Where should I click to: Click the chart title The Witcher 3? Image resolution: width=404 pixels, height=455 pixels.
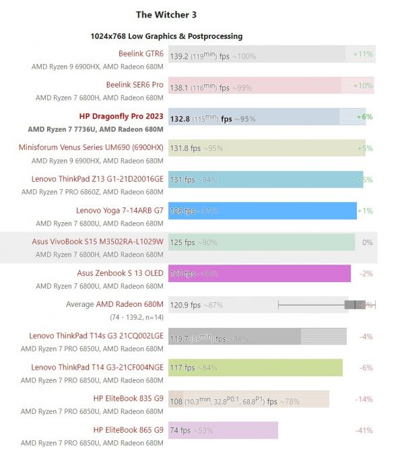[x=166, y=14]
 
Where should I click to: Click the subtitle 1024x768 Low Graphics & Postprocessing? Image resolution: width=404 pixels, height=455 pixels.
[x=166, y=36]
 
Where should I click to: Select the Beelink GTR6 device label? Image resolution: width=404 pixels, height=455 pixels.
[x=141, y=54]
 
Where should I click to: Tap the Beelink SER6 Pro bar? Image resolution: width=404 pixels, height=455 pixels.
[x=256, y=85]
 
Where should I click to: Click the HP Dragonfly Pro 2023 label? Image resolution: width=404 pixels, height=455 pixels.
[x=121, y=116]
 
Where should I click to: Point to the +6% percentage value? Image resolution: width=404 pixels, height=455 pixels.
[x=364, y=116]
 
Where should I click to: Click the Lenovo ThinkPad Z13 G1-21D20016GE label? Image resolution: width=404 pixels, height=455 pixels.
[x=97, y=179]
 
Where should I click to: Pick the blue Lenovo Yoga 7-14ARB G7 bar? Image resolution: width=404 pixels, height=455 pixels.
[x=263, y=211]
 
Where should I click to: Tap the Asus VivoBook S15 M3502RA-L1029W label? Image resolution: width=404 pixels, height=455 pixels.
[x=97, y=242]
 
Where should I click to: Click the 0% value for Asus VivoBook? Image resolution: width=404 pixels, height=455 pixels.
[x=367, y=242]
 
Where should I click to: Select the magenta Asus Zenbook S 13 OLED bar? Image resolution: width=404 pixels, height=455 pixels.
[x=259, y=273]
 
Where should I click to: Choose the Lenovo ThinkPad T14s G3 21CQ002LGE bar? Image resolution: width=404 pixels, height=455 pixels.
[x=256, y=336]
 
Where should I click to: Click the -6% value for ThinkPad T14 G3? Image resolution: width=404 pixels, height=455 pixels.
[x=366, y=367]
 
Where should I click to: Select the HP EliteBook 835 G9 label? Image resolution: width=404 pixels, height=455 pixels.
[x=128, y=398]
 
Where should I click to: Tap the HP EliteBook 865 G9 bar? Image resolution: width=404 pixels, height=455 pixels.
[x=222, y=430]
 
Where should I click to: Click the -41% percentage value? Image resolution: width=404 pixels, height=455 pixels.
[x=364, y=430]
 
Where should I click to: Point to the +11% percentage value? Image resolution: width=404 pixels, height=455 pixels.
[x=363, y=54]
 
